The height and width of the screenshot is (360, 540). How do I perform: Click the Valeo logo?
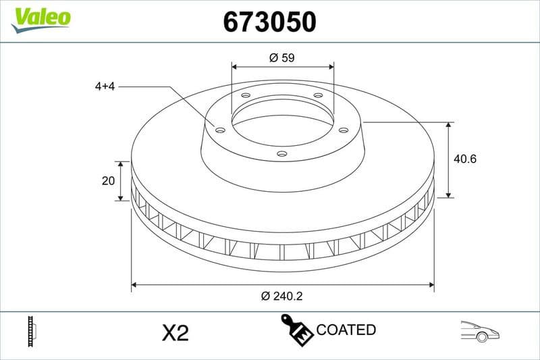click(40, 18)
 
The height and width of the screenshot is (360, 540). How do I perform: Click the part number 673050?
click(269, 22)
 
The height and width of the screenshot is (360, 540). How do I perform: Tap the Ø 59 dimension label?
click(282, 58)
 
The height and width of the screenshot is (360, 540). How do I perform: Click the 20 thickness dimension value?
click(106, 180)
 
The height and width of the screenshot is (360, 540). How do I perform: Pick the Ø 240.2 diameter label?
click(281, 296)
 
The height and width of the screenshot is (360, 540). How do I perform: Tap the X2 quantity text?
click(175, 332)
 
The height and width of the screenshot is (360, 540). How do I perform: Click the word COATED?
click(346, 330)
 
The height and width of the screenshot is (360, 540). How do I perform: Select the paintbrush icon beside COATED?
click(296, 330)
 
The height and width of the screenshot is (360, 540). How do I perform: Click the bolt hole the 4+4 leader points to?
click(219, 130)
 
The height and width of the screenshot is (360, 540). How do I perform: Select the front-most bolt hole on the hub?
click(282, 154)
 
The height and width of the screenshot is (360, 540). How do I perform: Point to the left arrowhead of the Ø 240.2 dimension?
click(134, 285)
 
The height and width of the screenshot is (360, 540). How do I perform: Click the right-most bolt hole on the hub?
click(343, 130)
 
